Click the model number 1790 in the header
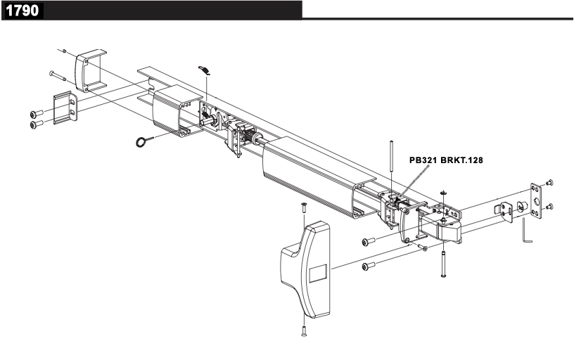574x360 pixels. [23, 11]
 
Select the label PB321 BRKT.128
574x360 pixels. [446, 160]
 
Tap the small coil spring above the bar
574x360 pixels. [204, 69]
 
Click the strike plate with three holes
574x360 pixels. [537, 202]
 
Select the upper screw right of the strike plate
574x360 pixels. [550, 183]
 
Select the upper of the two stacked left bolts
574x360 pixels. [36, 113]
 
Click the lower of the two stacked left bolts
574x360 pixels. [36, 124]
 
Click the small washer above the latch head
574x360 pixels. [443, 191]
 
